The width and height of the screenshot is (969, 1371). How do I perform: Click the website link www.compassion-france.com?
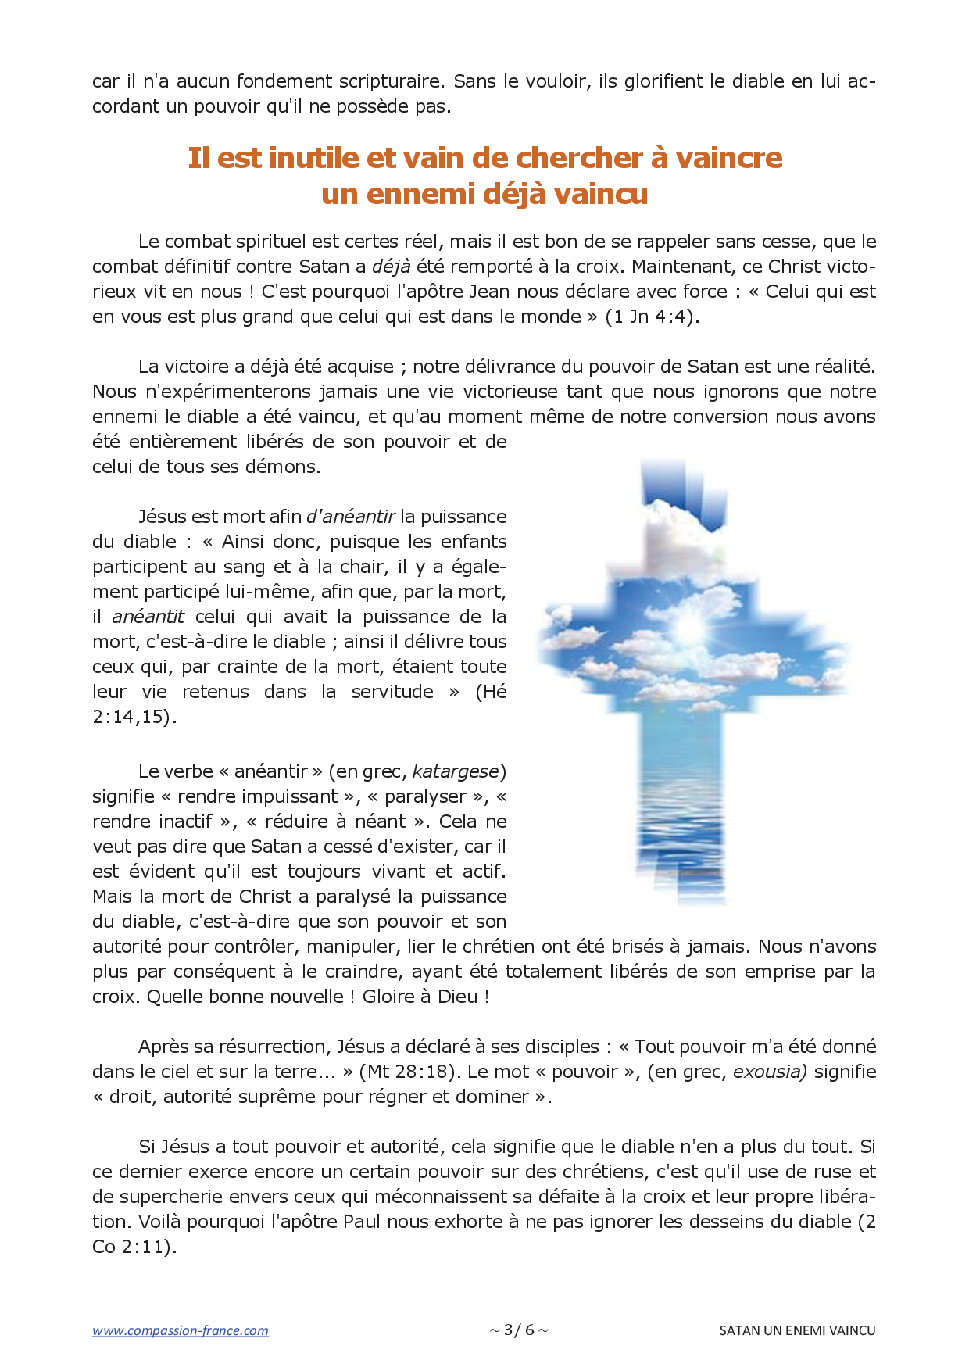click(180, 1330)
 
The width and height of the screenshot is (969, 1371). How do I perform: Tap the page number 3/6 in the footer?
click(519, 1330)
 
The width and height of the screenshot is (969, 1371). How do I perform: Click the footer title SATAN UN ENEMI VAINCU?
click(797, 1330)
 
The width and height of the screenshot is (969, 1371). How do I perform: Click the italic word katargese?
click(455, 771)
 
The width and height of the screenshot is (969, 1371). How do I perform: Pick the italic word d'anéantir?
click(350, 517)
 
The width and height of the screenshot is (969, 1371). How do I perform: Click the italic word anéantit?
click(148, 617)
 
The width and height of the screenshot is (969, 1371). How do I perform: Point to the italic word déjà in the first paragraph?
click(391, 267)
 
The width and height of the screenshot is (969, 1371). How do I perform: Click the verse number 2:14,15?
click(132, 717)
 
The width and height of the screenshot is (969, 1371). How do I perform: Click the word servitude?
click(392, 692)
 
